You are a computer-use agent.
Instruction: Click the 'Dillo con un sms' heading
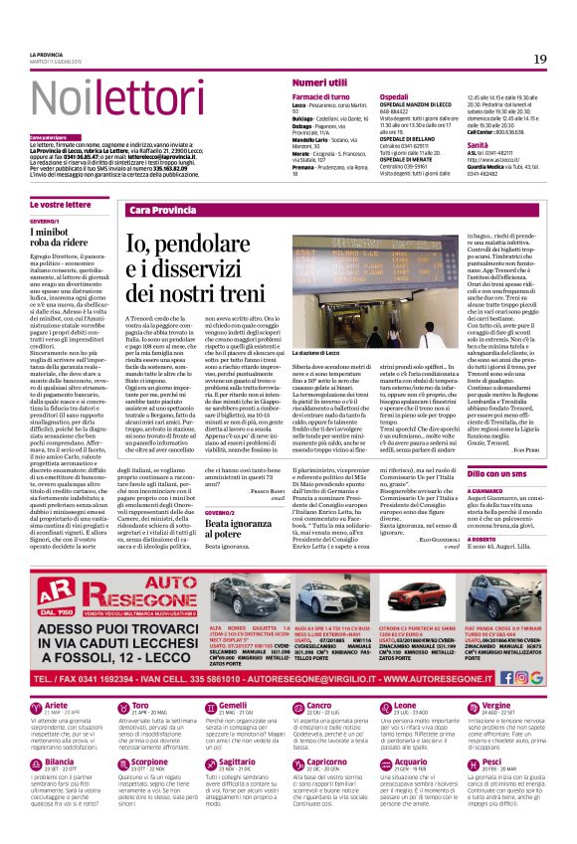tap(497, 476)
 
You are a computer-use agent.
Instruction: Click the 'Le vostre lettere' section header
tap(63, 204)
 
